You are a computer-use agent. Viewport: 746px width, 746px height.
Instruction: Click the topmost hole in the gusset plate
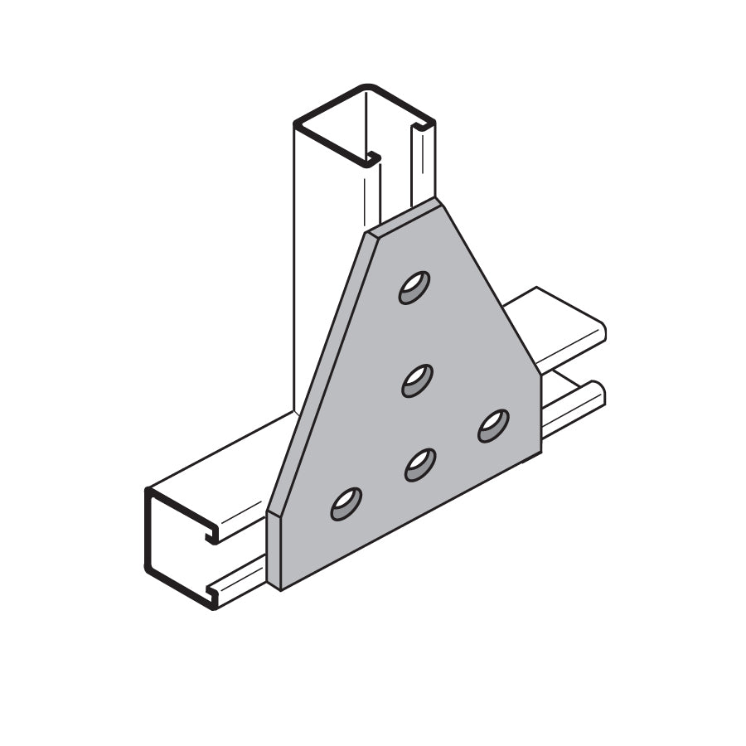click(414, 288)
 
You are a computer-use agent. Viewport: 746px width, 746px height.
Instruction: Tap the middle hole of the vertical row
click(418, 380)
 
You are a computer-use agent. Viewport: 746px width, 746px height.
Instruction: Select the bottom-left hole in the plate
click(346, 504)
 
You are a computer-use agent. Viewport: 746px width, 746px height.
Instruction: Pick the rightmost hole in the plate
click(493, 425)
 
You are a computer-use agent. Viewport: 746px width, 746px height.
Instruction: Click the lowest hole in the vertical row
click(420, 465)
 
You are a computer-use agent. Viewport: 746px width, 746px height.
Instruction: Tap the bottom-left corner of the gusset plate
click(280, 589)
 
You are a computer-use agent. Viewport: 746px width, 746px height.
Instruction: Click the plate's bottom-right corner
click(540, 453)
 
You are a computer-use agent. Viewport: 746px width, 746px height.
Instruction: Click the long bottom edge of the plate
click(410, 521)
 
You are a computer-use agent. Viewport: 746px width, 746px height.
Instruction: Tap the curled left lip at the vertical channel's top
click(371, 157)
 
